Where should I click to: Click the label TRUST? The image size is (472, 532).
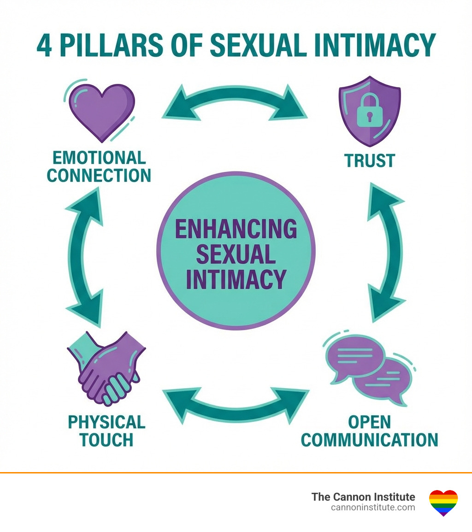coord(370,161)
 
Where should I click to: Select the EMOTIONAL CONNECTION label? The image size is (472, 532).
coord(99,166)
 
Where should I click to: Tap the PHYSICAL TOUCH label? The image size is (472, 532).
coord(106,431)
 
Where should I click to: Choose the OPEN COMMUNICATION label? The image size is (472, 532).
coord(369,431)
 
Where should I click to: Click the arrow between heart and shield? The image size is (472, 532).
coord(235,102)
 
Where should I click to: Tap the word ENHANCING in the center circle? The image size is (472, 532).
coord(236,229)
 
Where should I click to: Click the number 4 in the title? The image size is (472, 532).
coord(44,45)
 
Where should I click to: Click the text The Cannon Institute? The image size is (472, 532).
coord(363,497)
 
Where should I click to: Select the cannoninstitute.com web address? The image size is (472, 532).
coord(373,508)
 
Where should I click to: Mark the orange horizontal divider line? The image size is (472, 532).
coord(236,473)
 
